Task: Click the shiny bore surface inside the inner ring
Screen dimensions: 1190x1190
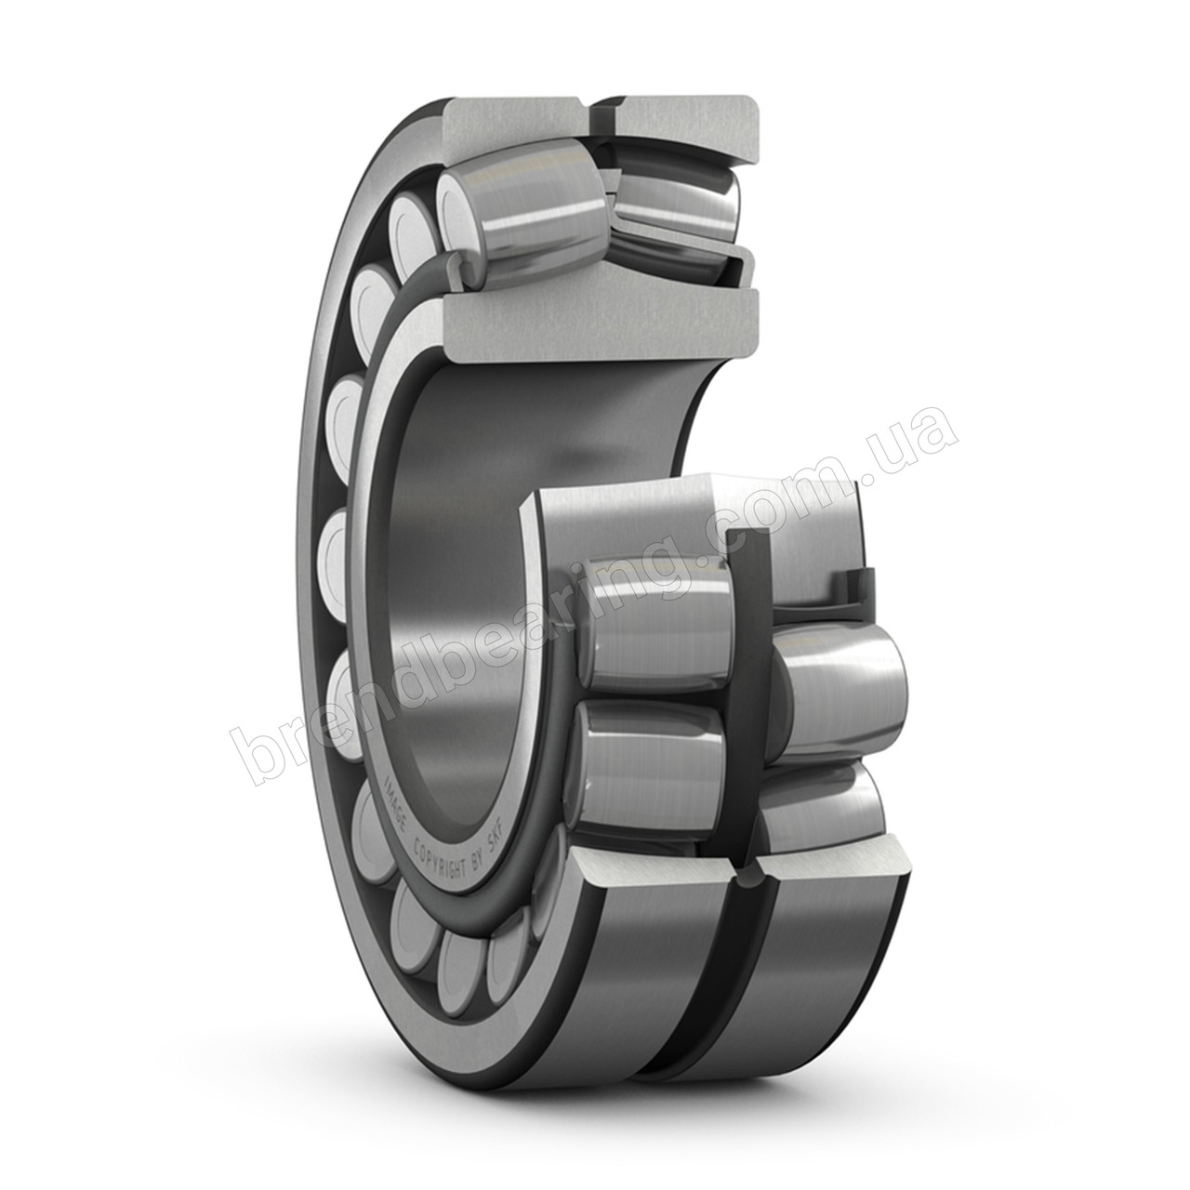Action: coord(465,521)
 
